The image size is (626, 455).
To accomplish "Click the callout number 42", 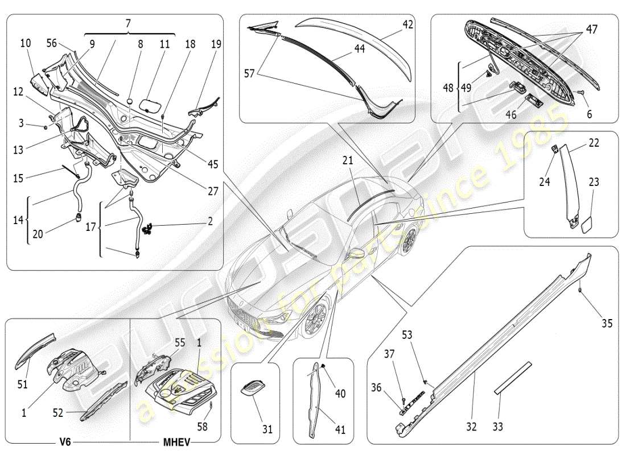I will click(x=407, y=25).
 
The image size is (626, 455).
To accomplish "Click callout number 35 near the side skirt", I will click(x=607, y=324).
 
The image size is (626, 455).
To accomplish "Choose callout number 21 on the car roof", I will click(x=348, y=162).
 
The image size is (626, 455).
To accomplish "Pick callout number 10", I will click(x=26, y=43).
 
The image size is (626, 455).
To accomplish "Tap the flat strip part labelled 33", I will click(x=512, y=377).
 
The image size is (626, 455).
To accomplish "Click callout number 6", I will click(x=590, y=114).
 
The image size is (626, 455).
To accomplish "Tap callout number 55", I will click(x=180, y=343).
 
